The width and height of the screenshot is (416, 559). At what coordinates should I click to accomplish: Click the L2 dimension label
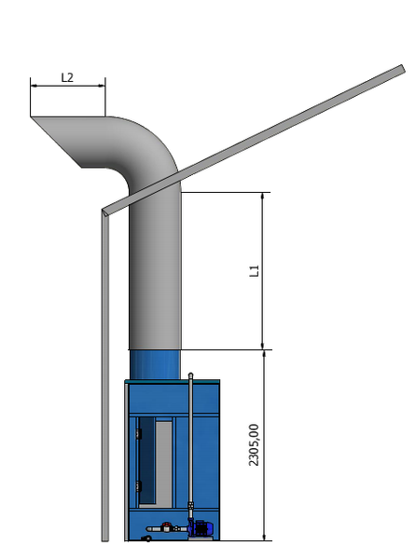click(x=67, y=77)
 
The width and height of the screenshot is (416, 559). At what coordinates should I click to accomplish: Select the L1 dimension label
click(x=254, y=271)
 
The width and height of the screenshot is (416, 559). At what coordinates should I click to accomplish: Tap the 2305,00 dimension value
click(x=254, y=444)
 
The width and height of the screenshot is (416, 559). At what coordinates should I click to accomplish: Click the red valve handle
click(x=167, y=525)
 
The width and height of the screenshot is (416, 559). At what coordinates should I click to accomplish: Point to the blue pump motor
click(x=201, y=528)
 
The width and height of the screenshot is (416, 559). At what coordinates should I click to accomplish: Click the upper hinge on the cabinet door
click(x=138, y=434)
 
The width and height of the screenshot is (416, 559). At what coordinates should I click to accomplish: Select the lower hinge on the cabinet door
click(x=138, y=486)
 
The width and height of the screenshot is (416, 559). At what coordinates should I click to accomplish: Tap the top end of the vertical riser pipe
click(x=190, y=375)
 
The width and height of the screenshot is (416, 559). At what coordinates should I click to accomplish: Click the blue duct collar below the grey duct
click(x=155, y=364)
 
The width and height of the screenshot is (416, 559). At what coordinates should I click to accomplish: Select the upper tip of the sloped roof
click(x=402, y=68)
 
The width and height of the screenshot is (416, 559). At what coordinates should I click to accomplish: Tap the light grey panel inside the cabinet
click(x=163, y=462)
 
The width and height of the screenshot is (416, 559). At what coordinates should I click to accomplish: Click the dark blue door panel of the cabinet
click(x=146, y=460)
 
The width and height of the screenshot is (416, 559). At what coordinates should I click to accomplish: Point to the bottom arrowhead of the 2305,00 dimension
click(x=264, y=537)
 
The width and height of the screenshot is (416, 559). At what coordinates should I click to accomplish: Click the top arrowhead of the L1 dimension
click(x=263, y=197)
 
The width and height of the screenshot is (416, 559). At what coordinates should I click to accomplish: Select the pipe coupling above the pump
click(x=190, y=506)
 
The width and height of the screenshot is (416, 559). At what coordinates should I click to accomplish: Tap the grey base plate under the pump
click(x=201, y=538)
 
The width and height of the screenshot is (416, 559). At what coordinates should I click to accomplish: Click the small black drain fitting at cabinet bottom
click(x=146, y=539)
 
